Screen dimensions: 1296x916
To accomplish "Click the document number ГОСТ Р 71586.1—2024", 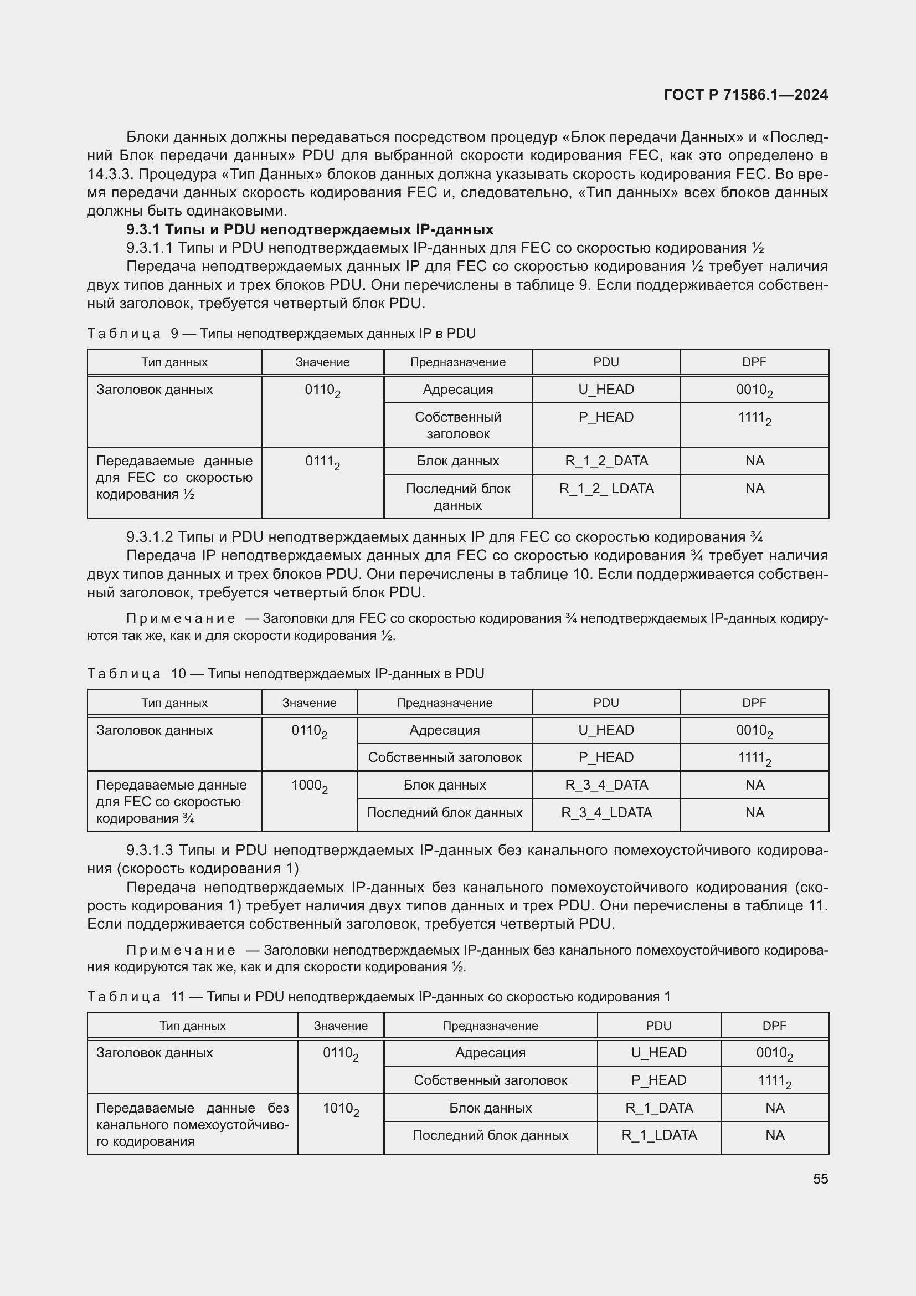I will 745,95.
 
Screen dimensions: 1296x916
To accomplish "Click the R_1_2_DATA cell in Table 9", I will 606,461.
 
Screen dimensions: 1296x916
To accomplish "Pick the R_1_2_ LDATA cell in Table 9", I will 606,489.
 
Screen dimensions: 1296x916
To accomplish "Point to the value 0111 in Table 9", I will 322,462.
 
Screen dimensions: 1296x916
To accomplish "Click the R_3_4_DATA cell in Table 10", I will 606,785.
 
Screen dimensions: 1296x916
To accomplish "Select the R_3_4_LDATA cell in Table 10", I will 606,813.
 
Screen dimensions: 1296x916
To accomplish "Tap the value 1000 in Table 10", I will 309,786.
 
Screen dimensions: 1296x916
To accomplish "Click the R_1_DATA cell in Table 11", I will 659,1108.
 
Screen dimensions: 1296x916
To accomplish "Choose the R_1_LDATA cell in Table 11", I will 659,1135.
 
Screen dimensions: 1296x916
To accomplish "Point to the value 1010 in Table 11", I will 340,1109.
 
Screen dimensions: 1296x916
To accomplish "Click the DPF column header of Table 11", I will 774,1026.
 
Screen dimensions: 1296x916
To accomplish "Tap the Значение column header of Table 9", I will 322,362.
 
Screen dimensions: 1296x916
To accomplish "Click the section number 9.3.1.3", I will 150,851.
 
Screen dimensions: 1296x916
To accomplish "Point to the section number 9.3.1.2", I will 150,537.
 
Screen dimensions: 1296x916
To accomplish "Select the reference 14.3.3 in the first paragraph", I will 108,175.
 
